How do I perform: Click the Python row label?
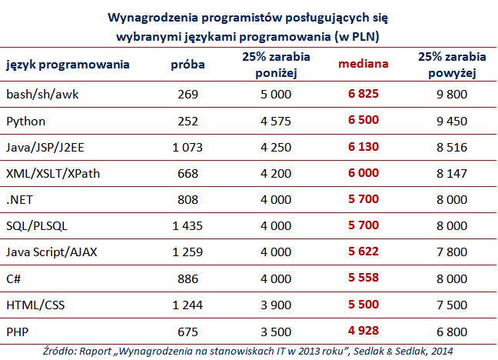pyautogui.click(x=25, y=121)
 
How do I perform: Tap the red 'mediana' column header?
pyautogui.click(x=364, y=65)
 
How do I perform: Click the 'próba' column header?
pyautogui.click(x=187, y=65)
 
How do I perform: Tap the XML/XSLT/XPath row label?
pyautogui.click(x=53, y=173)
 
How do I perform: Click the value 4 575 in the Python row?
pyautogui.click(x=269, y=121)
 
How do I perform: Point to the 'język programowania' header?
pyautogui.click(x=68, y=65)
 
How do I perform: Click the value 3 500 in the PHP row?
pyautogui.click(x=269, y=330)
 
